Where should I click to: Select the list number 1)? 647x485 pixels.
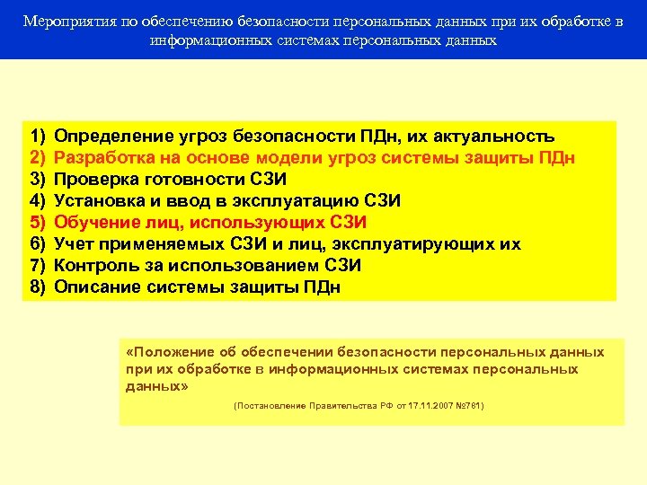pyautogui.click(x=38, y=137)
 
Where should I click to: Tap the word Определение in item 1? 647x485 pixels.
pyautogui.click(x=108, y=137)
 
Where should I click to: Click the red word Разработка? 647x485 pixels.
pyautogui.click(x=101, y=158)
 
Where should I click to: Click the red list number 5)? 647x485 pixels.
pyautogui.click(x=38, y=223)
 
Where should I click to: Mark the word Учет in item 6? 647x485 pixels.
pyautogui.click(x=74, y=244)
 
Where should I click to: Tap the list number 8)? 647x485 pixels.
pyautogui.click(x=38, y=287)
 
